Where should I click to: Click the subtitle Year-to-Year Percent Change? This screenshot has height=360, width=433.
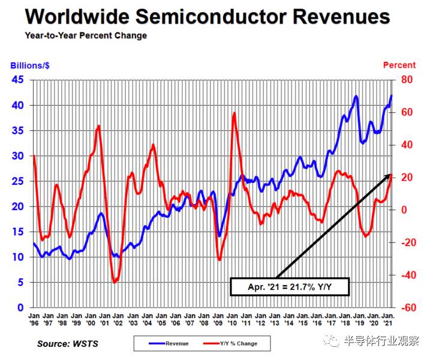[x=86, y=35]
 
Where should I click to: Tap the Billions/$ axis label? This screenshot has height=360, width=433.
[x=31, y=65]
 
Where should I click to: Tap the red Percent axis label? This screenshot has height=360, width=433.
[x=399, y=65]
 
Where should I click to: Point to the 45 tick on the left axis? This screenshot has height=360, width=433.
[x=18, y=80]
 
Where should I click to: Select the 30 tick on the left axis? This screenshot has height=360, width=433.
[x=18, y=156]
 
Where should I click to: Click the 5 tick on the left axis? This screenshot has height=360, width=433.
[x=20, y=282]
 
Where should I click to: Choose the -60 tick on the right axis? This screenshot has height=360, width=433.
[x=410, y=307]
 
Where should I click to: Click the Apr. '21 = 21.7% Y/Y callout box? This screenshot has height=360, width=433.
[x=289, y=287]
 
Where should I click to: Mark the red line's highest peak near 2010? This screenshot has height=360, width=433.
[x=234, y=113]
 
